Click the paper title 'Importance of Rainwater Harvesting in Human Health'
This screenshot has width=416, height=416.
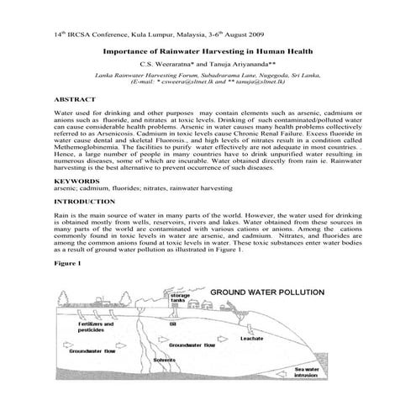(207, 50)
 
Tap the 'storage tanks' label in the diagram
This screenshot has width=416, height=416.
(179, 298)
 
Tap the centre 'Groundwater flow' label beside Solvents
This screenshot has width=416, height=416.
(193, 345)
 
